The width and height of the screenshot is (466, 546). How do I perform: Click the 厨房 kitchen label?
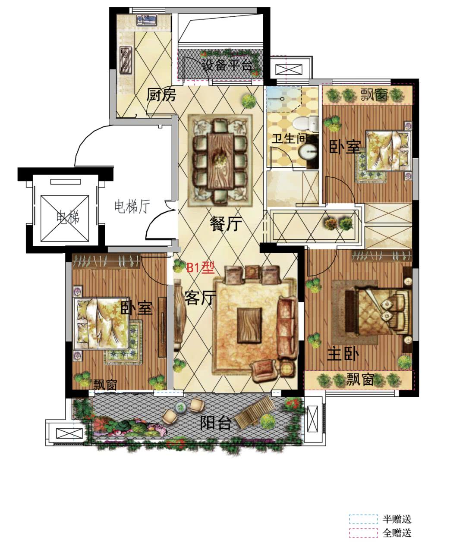tap(161, 95)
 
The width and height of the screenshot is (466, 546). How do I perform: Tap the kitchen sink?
tap(146, 20)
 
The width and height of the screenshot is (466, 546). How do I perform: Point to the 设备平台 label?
tap(227, 65)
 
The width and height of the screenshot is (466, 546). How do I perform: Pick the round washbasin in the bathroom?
tap(308, 152)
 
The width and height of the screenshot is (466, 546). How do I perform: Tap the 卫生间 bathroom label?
tap(289, 138)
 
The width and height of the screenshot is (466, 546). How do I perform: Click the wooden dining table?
tap(220, 160)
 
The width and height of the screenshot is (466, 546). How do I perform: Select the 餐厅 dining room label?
tap(226, 223)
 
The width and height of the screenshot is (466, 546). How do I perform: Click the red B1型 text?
tap(200, 268)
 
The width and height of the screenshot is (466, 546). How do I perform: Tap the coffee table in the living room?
tap(249, 326)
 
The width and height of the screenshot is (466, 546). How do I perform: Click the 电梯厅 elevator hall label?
tap(132, 206)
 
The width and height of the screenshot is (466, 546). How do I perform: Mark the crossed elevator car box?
tap(65, 218)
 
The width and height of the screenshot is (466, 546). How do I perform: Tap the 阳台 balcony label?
tap(216, 423)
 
